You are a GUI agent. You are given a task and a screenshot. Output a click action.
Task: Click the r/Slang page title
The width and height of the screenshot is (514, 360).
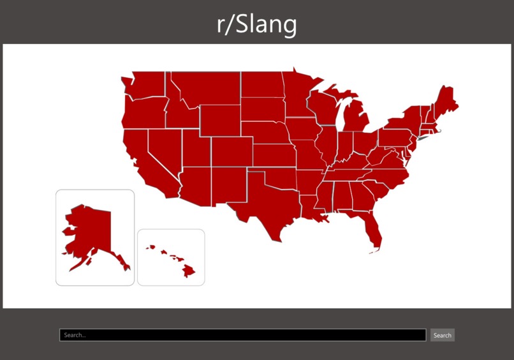point(257,24)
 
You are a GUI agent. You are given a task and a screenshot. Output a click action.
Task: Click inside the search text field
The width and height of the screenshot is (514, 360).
point(242,335)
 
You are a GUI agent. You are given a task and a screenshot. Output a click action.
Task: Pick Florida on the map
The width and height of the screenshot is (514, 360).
point(372,230)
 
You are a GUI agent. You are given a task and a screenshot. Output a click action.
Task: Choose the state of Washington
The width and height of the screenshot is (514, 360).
point(145,85)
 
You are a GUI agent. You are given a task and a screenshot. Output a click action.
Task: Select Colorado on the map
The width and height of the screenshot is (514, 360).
point(231,151)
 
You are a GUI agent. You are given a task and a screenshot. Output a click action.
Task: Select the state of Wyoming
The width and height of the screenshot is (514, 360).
point(220,120)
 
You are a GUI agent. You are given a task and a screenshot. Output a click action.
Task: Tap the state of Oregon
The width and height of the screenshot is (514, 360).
point(142,112)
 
